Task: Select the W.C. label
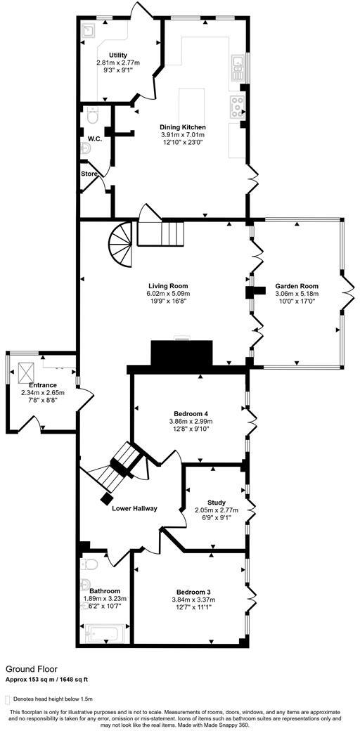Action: pyautogui.click(x=95, y=138)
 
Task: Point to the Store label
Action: pyautogui.click(x=89, y=174)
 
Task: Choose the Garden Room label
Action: pyautogui.click(x=297, y=287)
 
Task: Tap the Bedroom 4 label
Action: pyautogui.click(x=191, y=413)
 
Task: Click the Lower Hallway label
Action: pyautogui.click(x=134, y=508)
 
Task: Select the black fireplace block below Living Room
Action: pyautogui.click(x=182, y=353)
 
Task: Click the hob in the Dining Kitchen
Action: pyautogui.click(x=236, y=107)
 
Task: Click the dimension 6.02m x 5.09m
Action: pyautogui.click(x=168, y=294)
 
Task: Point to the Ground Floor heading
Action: pyautogui.click(x=32, y=669)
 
